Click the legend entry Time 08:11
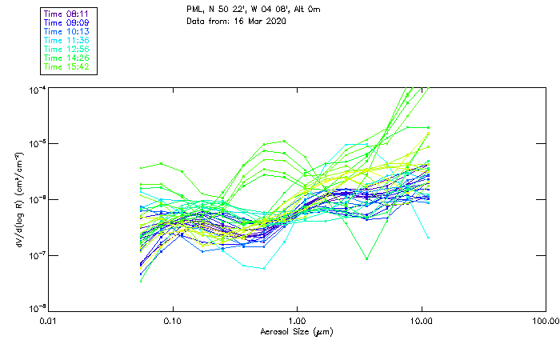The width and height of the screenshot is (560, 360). [67, 14]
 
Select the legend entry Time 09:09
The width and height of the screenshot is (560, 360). [67, 22]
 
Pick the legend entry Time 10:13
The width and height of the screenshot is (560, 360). [67, 31]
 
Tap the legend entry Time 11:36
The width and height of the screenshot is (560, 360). [67, 40]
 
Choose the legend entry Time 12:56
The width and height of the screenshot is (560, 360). [67, 49]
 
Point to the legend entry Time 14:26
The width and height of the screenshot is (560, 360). [67, 58]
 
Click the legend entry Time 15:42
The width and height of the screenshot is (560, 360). [67, 66]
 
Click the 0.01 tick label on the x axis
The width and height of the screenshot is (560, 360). [49, 321]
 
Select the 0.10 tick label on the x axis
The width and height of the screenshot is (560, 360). [173, 321]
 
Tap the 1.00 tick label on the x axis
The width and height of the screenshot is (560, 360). [298, 321]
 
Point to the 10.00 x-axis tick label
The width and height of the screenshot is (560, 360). [422, 321]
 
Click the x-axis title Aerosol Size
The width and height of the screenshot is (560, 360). [297, 331]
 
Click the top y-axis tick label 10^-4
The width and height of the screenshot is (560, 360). [37, 90]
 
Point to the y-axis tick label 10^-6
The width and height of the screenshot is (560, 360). [37, 199]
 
